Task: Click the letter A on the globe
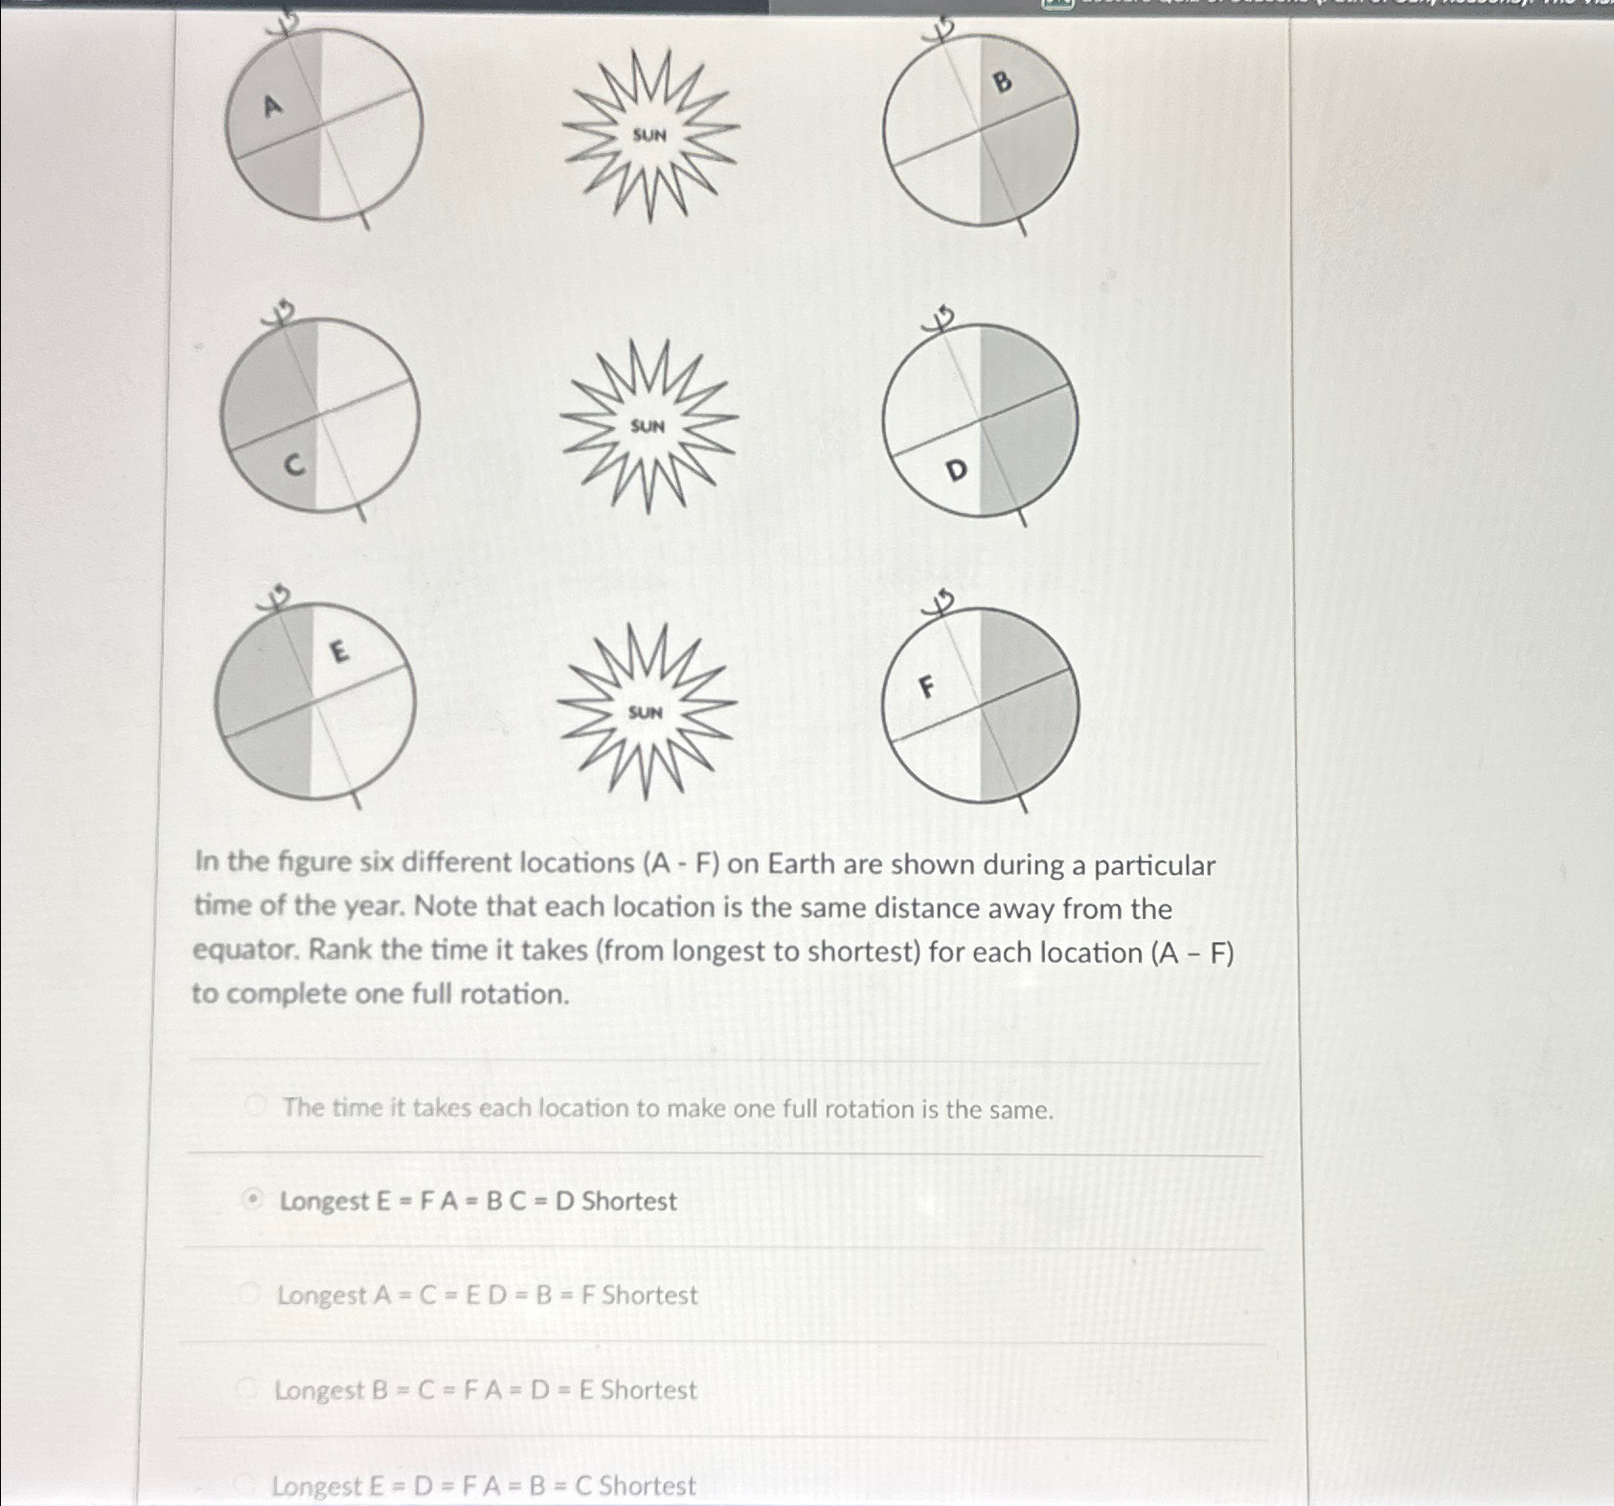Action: pos(273,105)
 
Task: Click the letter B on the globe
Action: pos(1002,82)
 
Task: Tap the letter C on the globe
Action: pos(295,465)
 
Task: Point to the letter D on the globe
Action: pos(956,470)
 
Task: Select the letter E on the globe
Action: pos(338,652)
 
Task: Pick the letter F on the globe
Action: pos(925,686)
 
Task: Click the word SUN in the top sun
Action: pos(649,135)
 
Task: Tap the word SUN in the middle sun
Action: pos(648,425)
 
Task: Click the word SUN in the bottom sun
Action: pos(646,711)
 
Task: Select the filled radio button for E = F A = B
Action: pos(252,1200)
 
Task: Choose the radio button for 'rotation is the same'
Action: pos(255,1107)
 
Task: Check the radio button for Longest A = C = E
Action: pos(250,1294)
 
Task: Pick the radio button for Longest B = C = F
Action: pos(248,1388)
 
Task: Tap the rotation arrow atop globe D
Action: pos(943,318)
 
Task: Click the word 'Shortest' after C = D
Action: pos(629,1201)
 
